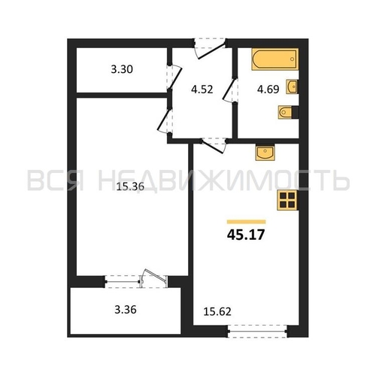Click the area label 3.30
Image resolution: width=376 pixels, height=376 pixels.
coord(122,69)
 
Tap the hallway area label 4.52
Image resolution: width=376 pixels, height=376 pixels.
coord(202,89)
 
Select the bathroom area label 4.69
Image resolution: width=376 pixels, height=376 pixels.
coord(268,89)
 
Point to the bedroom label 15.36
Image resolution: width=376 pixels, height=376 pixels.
coord(130,186)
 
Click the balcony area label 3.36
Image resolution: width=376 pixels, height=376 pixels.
coord(126,310)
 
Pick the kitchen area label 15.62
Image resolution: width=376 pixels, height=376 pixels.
coord(217,311)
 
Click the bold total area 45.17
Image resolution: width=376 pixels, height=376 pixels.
coord(246,235)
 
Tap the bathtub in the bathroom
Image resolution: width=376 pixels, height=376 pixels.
coord(275,59)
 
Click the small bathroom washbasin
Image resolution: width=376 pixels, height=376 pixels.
coord(292,86)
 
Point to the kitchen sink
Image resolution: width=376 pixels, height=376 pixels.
coord(265,153)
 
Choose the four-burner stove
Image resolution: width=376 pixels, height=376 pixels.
coord(287,200)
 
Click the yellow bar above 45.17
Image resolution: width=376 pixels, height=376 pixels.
coord(246,222)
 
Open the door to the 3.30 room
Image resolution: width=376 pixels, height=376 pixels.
coord(174,77)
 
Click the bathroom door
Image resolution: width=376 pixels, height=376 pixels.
coord(229,90)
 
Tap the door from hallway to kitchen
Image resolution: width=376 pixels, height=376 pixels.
coord(213,146)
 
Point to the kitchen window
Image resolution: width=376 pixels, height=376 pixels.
coord(258,332)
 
